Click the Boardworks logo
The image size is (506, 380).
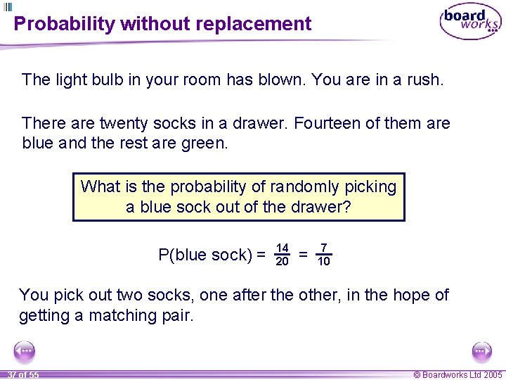470,23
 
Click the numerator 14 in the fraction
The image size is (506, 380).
283,248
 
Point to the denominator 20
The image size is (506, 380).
283,262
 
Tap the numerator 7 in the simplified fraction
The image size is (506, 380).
323,248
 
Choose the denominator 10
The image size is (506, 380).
323,262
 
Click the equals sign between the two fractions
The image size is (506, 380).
303,255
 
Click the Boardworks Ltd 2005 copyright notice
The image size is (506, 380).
458,374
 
